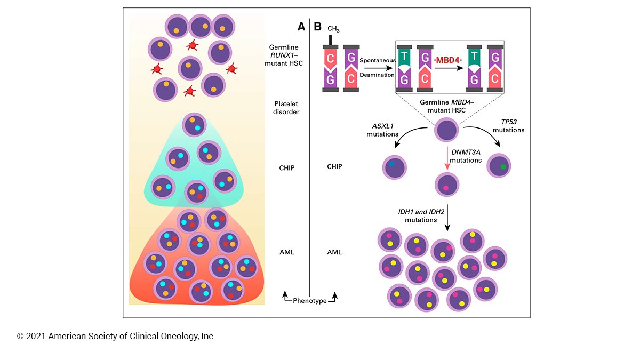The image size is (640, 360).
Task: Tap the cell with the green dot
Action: pos(499,165)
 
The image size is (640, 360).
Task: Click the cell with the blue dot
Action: pos(395,167)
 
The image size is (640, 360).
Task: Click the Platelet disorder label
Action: pos(286,108)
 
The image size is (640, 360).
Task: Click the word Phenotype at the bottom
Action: pos(309,301)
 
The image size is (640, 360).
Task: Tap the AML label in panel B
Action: pos(334,252)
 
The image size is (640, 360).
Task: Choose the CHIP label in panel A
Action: pos(286,167)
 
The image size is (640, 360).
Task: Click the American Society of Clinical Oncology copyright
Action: pos(115,336)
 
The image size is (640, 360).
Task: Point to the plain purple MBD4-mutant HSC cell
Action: pos(447,131)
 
